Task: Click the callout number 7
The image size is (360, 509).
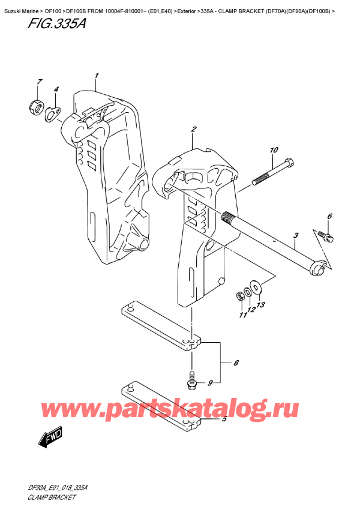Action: pyautogui.click(x=38, y=82)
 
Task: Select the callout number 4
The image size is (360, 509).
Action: pyautogui.click(x=56, y=90)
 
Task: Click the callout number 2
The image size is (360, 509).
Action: pyautogui.click(x=194, y=129)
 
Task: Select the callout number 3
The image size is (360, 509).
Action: pyautogui.click(x=296, y=236)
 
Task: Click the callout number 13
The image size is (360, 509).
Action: pyautogui.click(x=260, y=306)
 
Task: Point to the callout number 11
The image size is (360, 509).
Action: pyautogui.click(x=242, y=315)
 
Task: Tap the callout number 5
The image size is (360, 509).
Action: pyautogui.click(x=223, y=419)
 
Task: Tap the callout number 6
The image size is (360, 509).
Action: pyautogui.click(x=329, y=216)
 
